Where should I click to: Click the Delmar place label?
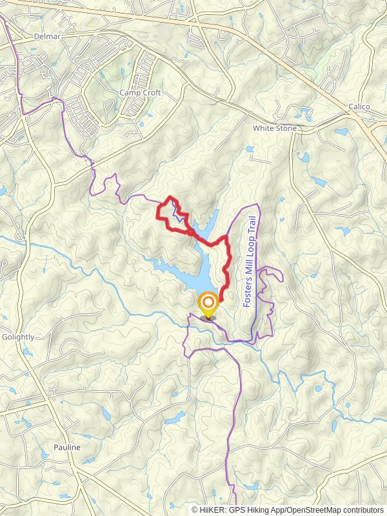coord(47,37)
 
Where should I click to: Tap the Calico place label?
coord(359,106)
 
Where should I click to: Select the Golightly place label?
coord(18,337)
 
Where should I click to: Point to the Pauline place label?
coord(67,448)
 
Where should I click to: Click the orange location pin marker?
coord(208,304)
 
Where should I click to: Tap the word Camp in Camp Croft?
coord(130,93)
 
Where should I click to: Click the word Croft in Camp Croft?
coord(151,93)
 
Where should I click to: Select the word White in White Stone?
coord(264,128)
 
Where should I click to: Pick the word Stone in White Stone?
coord(286,128)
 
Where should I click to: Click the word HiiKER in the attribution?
coord(212,510)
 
